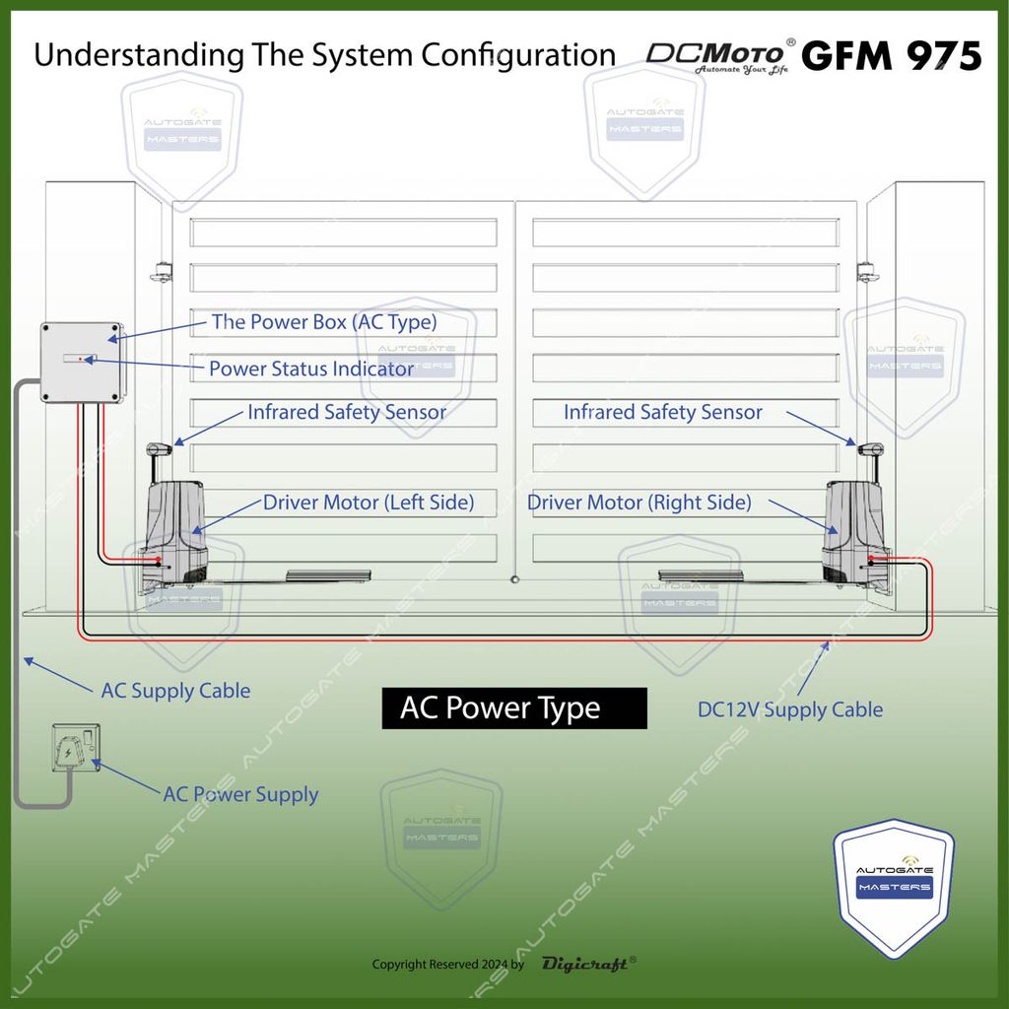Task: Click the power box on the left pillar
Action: coord(81,362)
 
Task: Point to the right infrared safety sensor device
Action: coord(870,450)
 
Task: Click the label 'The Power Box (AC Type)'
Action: coord(323,322)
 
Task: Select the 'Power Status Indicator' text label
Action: coord(311,370)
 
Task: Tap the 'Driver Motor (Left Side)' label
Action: coord(368,503)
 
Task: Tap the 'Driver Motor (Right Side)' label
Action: coord(639,503)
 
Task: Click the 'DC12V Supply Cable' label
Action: coord(790,709)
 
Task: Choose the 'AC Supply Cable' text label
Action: coord(175,691)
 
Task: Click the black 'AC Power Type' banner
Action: coord(514,708)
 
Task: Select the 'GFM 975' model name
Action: coord(891,56)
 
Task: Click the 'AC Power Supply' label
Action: coord(240,794)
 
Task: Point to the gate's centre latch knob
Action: coord(514,580)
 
